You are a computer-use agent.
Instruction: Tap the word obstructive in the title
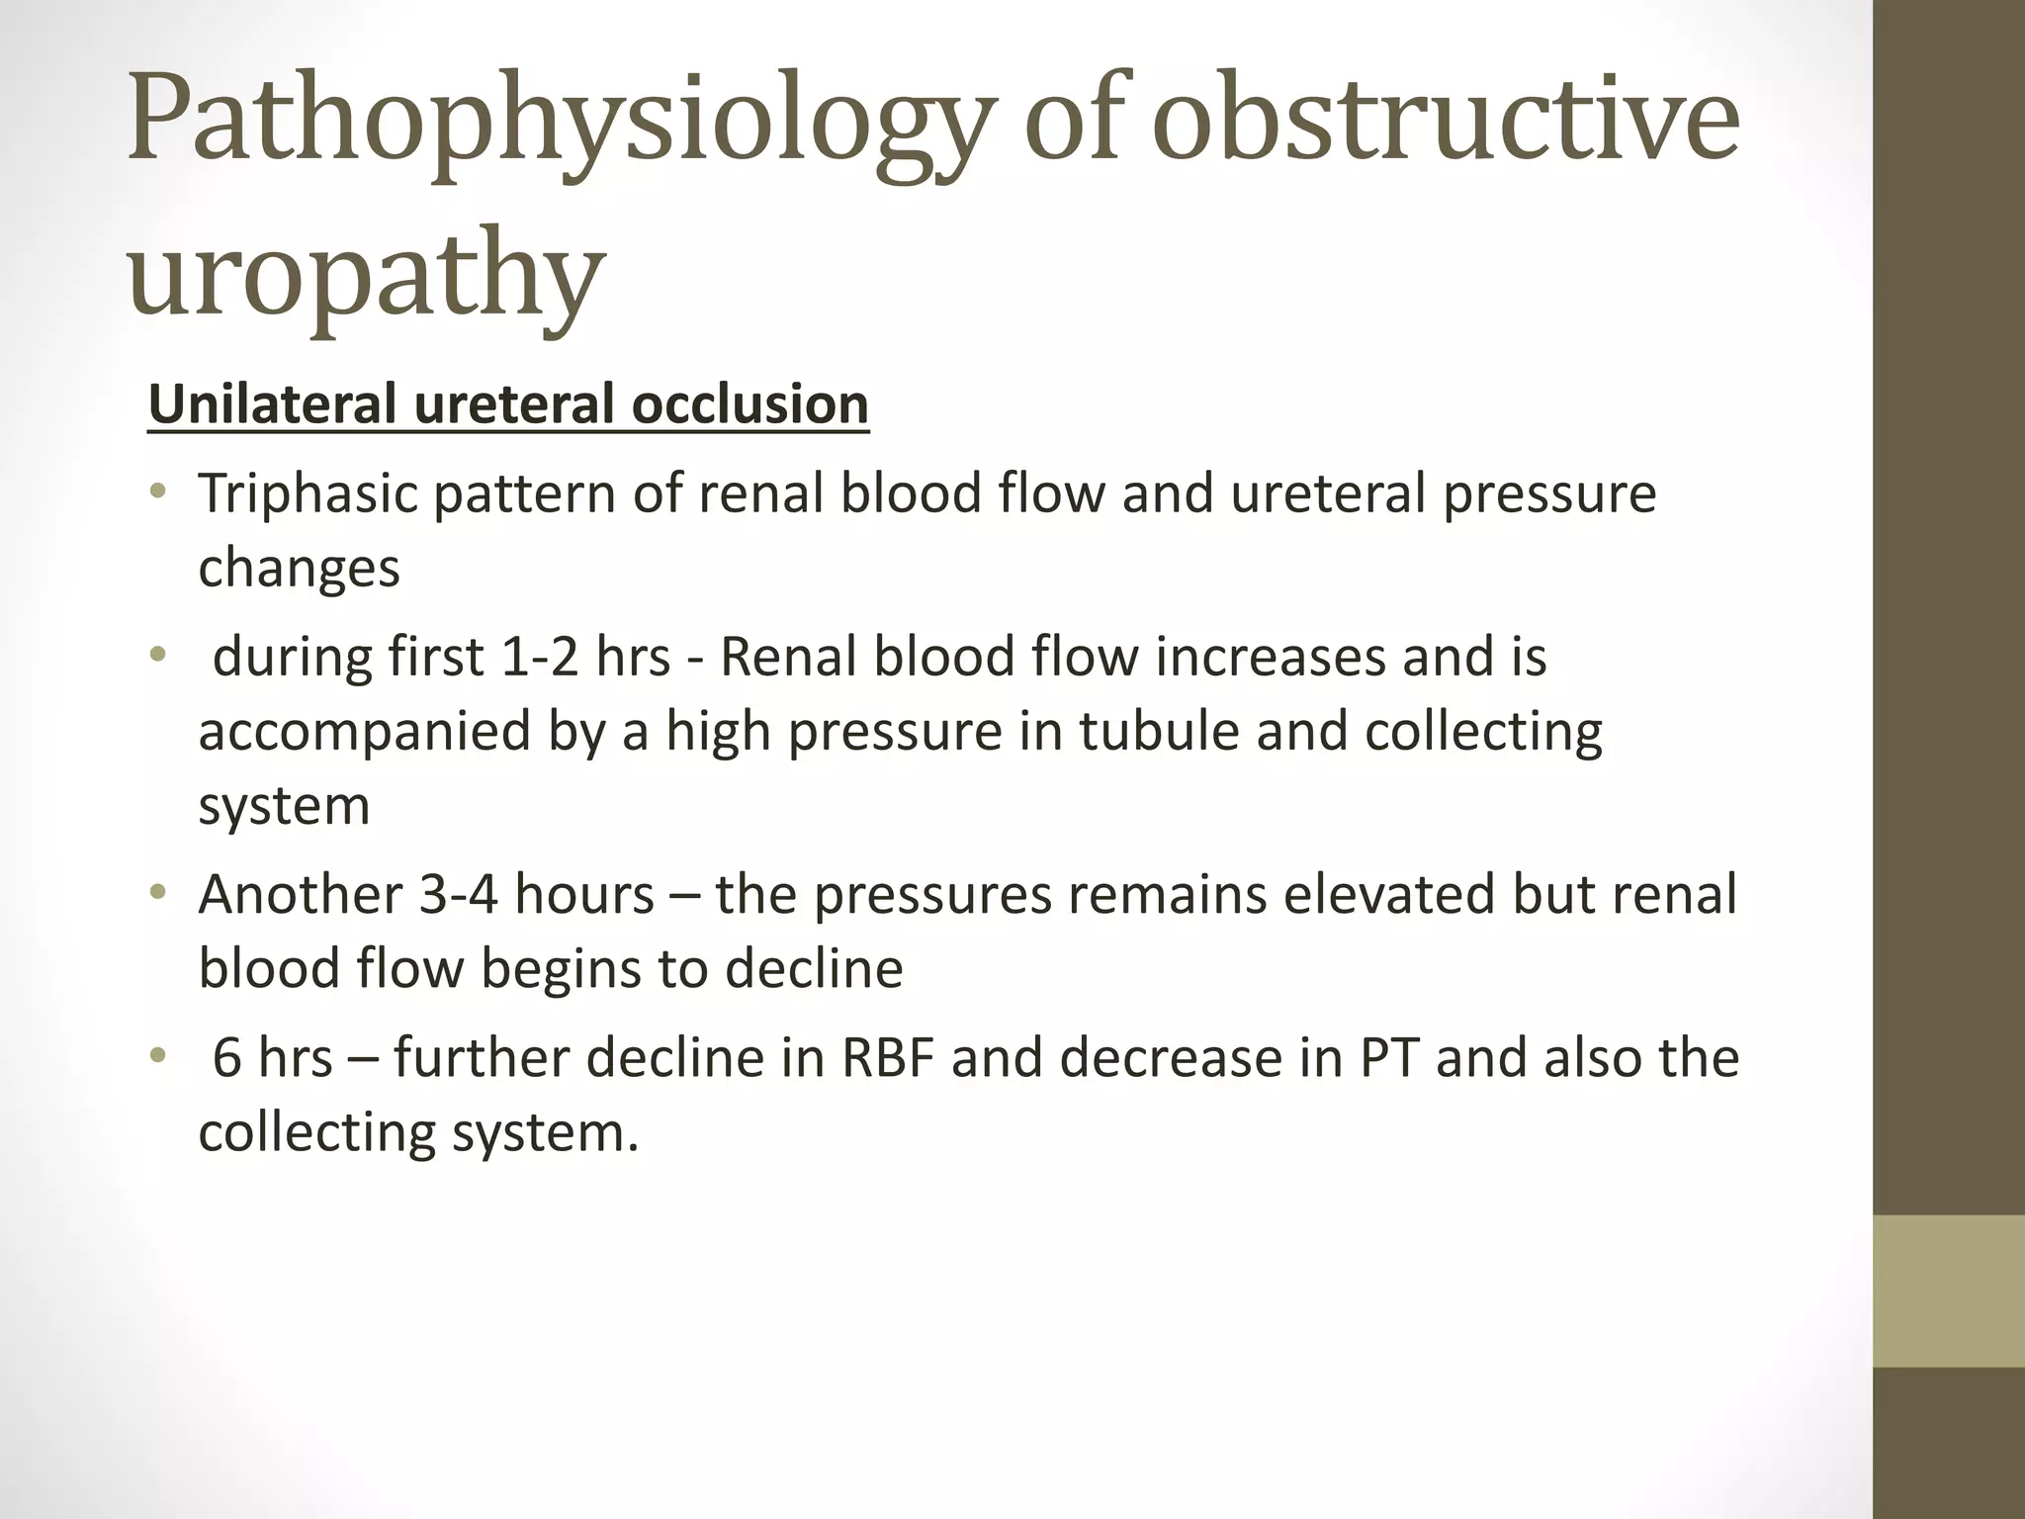click(x=1446, y=119)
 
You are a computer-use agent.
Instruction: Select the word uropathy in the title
click(x=365, y=272)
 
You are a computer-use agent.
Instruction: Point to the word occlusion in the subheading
click(x=750, y=404)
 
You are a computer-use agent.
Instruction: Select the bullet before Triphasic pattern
click(x=158, y=492)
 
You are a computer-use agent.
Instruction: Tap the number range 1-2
click(x=540, y=658)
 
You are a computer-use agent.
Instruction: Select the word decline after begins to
click(x=814, y=969)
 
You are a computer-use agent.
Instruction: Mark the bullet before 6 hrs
click(x=158, y=1057)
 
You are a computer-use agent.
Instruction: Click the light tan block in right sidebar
click(x=1948, y=1291)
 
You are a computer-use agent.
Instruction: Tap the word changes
click(x=299, y=569)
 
